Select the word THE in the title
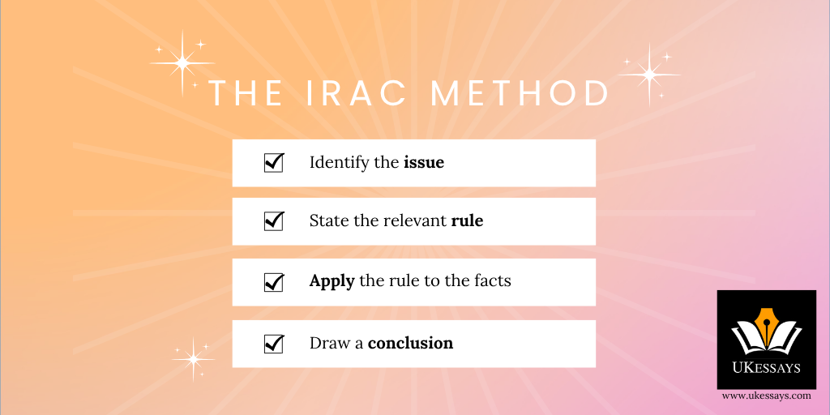point(246,93)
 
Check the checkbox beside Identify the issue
point(274,162)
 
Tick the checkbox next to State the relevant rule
point(274,220)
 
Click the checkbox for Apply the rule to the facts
point(274,282)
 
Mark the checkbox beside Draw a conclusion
point(274,344)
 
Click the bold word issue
point(424,162)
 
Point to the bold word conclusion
point(410,344)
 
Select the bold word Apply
point(332,281)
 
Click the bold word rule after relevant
point(467,220)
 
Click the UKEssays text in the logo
point(767,367)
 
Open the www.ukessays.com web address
point(767,396)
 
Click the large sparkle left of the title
point(182,63)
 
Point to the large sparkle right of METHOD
point(649,75)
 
